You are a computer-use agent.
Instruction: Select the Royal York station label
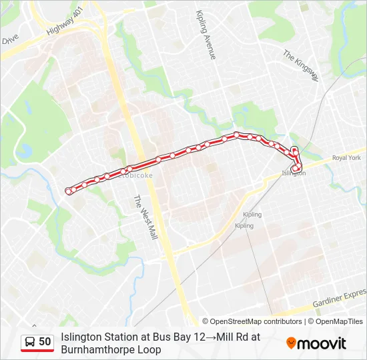(346, 158)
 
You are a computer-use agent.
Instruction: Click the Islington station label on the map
(294, 173)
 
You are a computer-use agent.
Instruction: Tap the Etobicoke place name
(136, 176)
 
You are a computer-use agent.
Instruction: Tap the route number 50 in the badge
(45, 342)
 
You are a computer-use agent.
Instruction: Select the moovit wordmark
(322, 344)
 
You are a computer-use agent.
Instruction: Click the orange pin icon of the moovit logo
(291, 343)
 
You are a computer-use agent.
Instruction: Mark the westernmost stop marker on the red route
(69, 191)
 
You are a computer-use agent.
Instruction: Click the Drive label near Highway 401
(9, 40)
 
